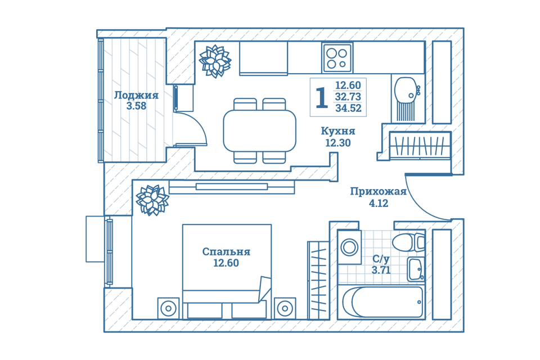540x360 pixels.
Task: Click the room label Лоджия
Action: [x=136, y=95]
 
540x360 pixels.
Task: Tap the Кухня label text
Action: [x=338, y=131]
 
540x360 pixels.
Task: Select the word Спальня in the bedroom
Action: [x=226, y=251]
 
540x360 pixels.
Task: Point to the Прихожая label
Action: [x=379, y=191]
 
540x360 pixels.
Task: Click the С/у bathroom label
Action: [x=381, y=258]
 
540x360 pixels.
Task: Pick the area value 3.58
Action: [x=136, y=106]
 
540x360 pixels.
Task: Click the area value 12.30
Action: [x=338, y=143]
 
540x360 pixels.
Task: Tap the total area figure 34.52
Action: [x=348, y=108]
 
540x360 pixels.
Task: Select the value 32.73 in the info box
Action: [x=348, y=96]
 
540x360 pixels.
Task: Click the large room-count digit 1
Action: [x=321, y=97]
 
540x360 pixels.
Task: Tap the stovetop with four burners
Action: [x=337, y=58]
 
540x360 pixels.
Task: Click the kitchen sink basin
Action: [x=406, y=90]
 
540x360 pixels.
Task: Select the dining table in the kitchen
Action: [x=260, y=131]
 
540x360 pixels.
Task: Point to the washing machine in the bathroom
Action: [x=349, y=247]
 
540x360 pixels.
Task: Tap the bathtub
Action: [x=382, y=301]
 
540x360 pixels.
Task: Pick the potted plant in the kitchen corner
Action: [x=215, y=61]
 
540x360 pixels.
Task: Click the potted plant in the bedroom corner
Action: [x=152, y=200]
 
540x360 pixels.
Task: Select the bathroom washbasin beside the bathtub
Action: [x=416, y=269]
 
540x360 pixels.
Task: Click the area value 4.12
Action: [x=379, y=203]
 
